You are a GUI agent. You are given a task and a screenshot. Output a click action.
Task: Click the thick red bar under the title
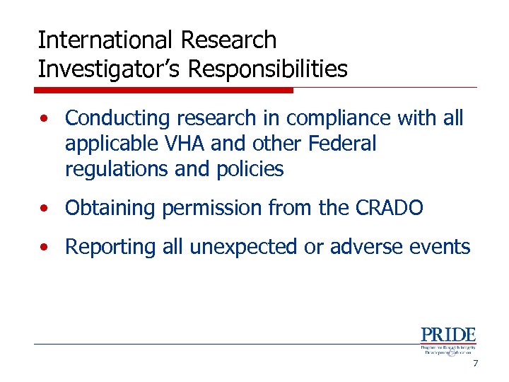[164, 90]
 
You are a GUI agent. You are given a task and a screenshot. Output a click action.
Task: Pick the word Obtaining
[110, 208]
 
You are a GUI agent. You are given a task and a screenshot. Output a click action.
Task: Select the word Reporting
[110, 247]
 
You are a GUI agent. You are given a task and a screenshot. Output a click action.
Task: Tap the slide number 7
[475, 364]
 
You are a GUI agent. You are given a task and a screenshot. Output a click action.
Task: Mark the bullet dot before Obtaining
[45, 209]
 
